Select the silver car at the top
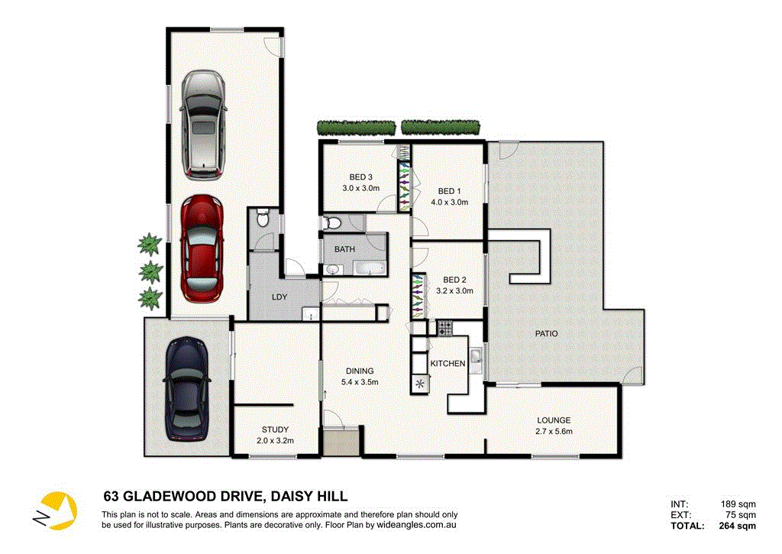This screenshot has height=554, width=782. [x=202, y=125]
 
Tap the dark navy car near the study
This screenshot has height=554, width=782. [x=186, y=390]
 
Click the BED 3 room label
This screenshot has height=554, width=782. [x=360, y=177]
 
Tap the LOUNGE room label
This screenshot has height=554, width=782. [x=554, y=420]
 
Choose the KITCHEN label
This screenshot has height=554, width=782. [x=448, y=364]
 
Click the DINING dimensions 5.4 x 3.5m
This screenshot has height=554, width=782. [x=361, y=382]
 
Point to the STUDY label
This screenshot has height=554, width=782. [x=274, y=429]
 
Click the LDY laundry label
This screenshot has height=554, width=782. [x=279, y=296]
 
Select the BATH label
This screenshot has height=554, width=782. [x=344, y=249]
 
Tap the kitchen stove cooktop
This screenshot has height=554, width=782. [x=444, y=328]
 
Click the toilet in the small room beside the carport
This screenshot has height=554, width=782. [x=263, y=219]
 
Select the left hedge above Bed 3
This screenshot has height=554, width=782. [x=356, y=128]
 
